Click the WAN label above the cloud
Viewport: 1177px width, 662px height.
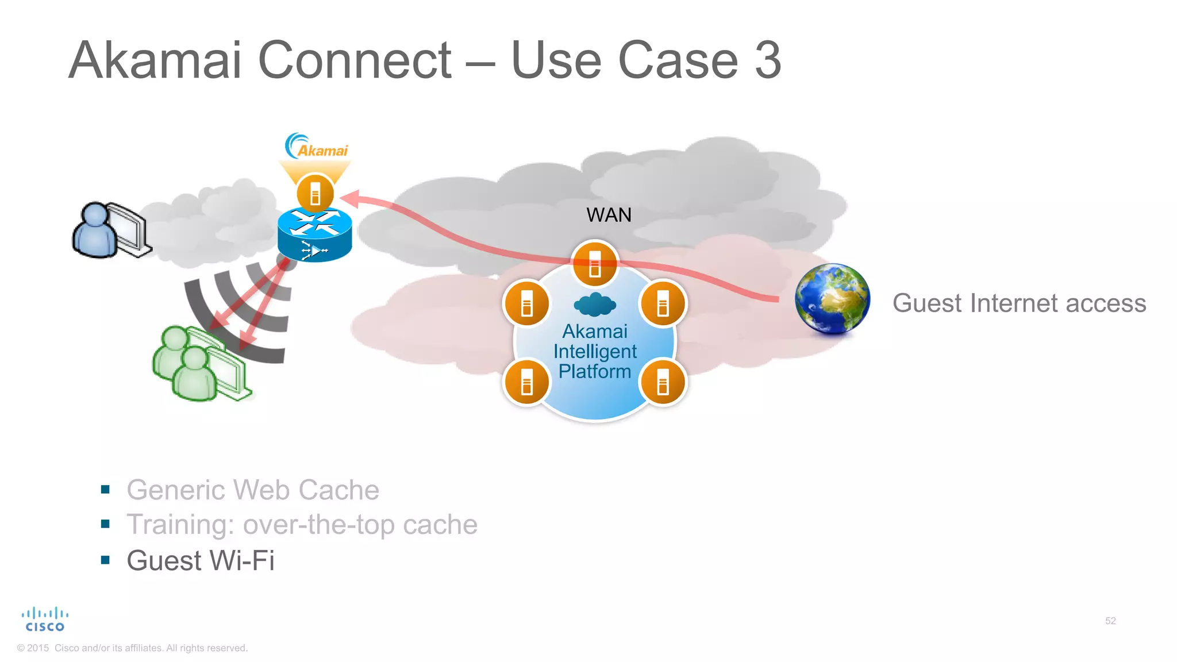click(609, 215)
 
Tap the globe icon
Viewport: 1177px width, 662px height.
click(832, 299)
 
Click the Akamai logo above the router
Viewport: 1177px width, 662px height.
click(317, 147)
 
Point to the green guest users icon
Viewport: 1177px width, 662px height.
click(199, 363)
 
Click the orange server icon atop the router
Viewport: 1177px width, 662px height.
click(315, 193)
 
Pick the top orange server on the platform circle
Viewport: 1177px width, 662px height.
click(595, 263)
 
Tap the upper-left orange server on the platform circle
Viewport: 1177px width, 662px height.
click(526, 303)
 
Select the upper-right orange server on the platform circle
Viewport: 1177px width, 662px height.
click(663, 303)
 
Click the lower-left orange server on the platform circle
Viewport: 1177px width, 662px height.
click(526, 382)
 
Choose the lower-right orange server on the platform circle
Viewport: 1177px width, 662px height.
click(663, 382)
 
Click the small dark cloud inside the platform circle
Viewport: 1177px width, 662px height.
click(595, 305)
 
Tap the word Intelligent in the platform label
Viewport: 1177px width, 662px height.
click(595, 351)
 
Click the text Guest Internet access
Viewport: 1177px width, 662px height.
click(1019, 303)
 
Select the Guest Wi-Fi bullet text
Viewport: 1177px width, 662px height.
click(201, 560)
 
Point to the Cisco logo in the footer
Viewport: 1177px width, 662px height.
click(45, 619)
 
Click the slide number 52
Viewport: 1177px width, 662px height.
click(1110, 621)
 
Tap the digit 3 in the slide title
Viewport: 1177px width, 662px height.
click(768, 60)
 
